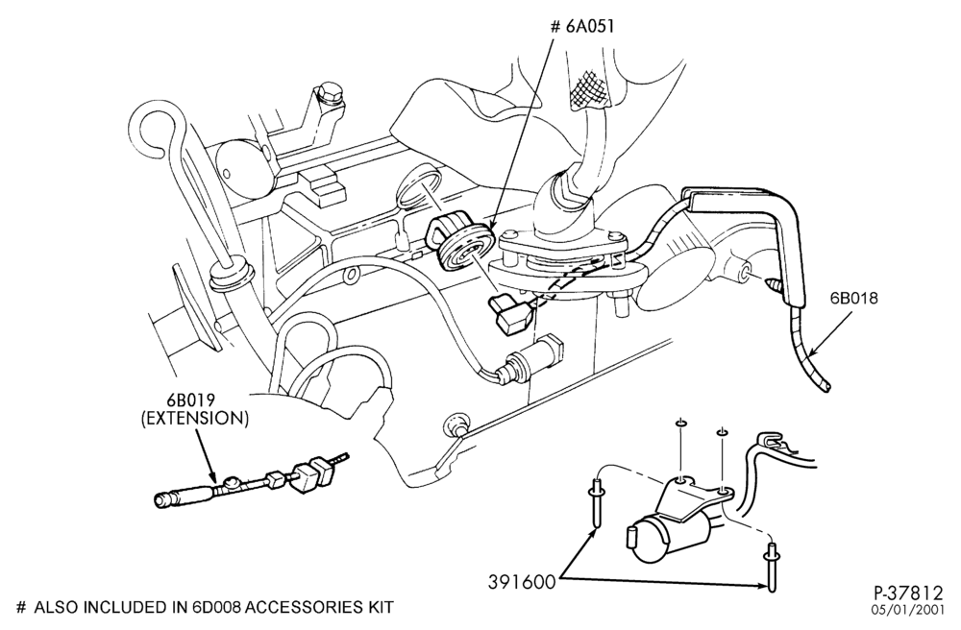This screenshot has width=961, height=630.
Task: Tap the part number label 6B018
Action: point(854,299)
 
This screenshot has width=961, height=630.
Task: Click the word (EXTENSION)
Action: point(195,420)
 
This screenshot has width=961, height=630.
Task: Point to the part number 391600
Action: point(522,582)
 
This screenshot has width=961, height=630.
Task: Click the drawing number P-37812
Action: point(908,594)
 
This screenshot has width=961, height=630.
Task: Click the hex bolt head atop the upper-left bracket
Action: point(329,92)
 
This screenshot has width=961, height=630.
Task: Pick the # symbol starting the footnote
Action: point(21,607)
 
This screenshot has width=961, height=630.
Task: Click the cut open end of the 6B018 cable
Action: point(827,387)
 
